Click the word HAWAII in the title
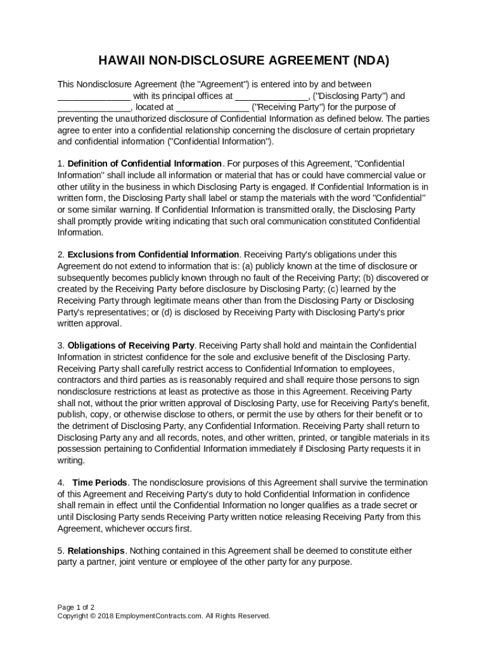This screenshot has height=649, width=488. [121, 61]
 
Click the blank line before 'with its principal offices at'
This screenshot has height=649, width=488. [94, 96]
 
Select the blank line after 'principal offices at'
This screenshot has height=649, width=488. [272, 96]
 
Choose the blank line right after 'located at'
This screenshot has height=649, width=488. [212, 108]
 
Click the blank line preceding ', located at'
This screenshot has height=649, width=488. [94, 108]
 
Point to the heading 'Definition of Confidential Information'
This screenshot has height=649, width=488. [144, 164]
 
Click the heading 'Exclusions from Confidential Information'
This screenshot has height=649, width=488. [153, 255]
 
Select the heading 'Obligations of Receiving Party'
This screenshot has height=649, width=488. [131, 345]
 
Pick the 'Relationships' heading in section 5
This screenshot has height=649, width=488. [94, 551]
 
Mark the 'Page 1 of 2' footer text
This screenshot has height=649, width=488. [76, 607]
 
